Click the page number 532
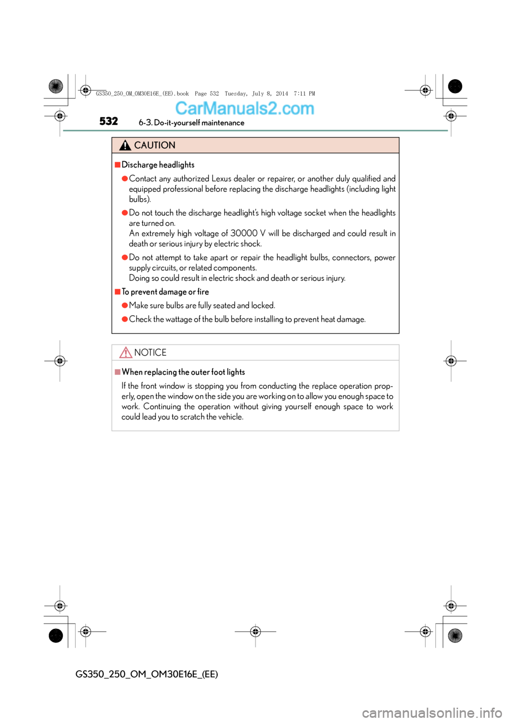(109, 121)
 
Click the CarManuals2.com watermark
(244, 108)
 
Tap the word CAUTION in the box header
(154, 145)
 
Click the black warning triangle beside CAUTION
(125, 145)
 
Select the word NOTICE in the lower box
(150, 352)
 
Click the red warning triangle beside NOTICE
(126, 352)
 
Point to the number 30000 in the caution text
(244, 233)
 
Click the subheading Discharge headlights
(158, 165)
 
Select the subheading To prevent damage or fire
(165, 292)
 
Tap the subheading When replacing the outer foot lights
(183, 372)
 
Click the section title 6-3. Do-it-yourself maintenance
(191, 123)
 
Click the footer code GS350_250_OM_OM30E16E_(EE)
(146, 674)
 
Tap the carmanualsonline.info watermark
(432, 712)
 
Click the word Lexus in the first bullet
(221, 179)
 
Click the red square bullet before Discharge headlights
(118, 165)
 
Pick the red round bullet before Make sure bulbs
(125, 305)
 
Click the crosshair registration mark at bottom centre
(256, 632)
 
